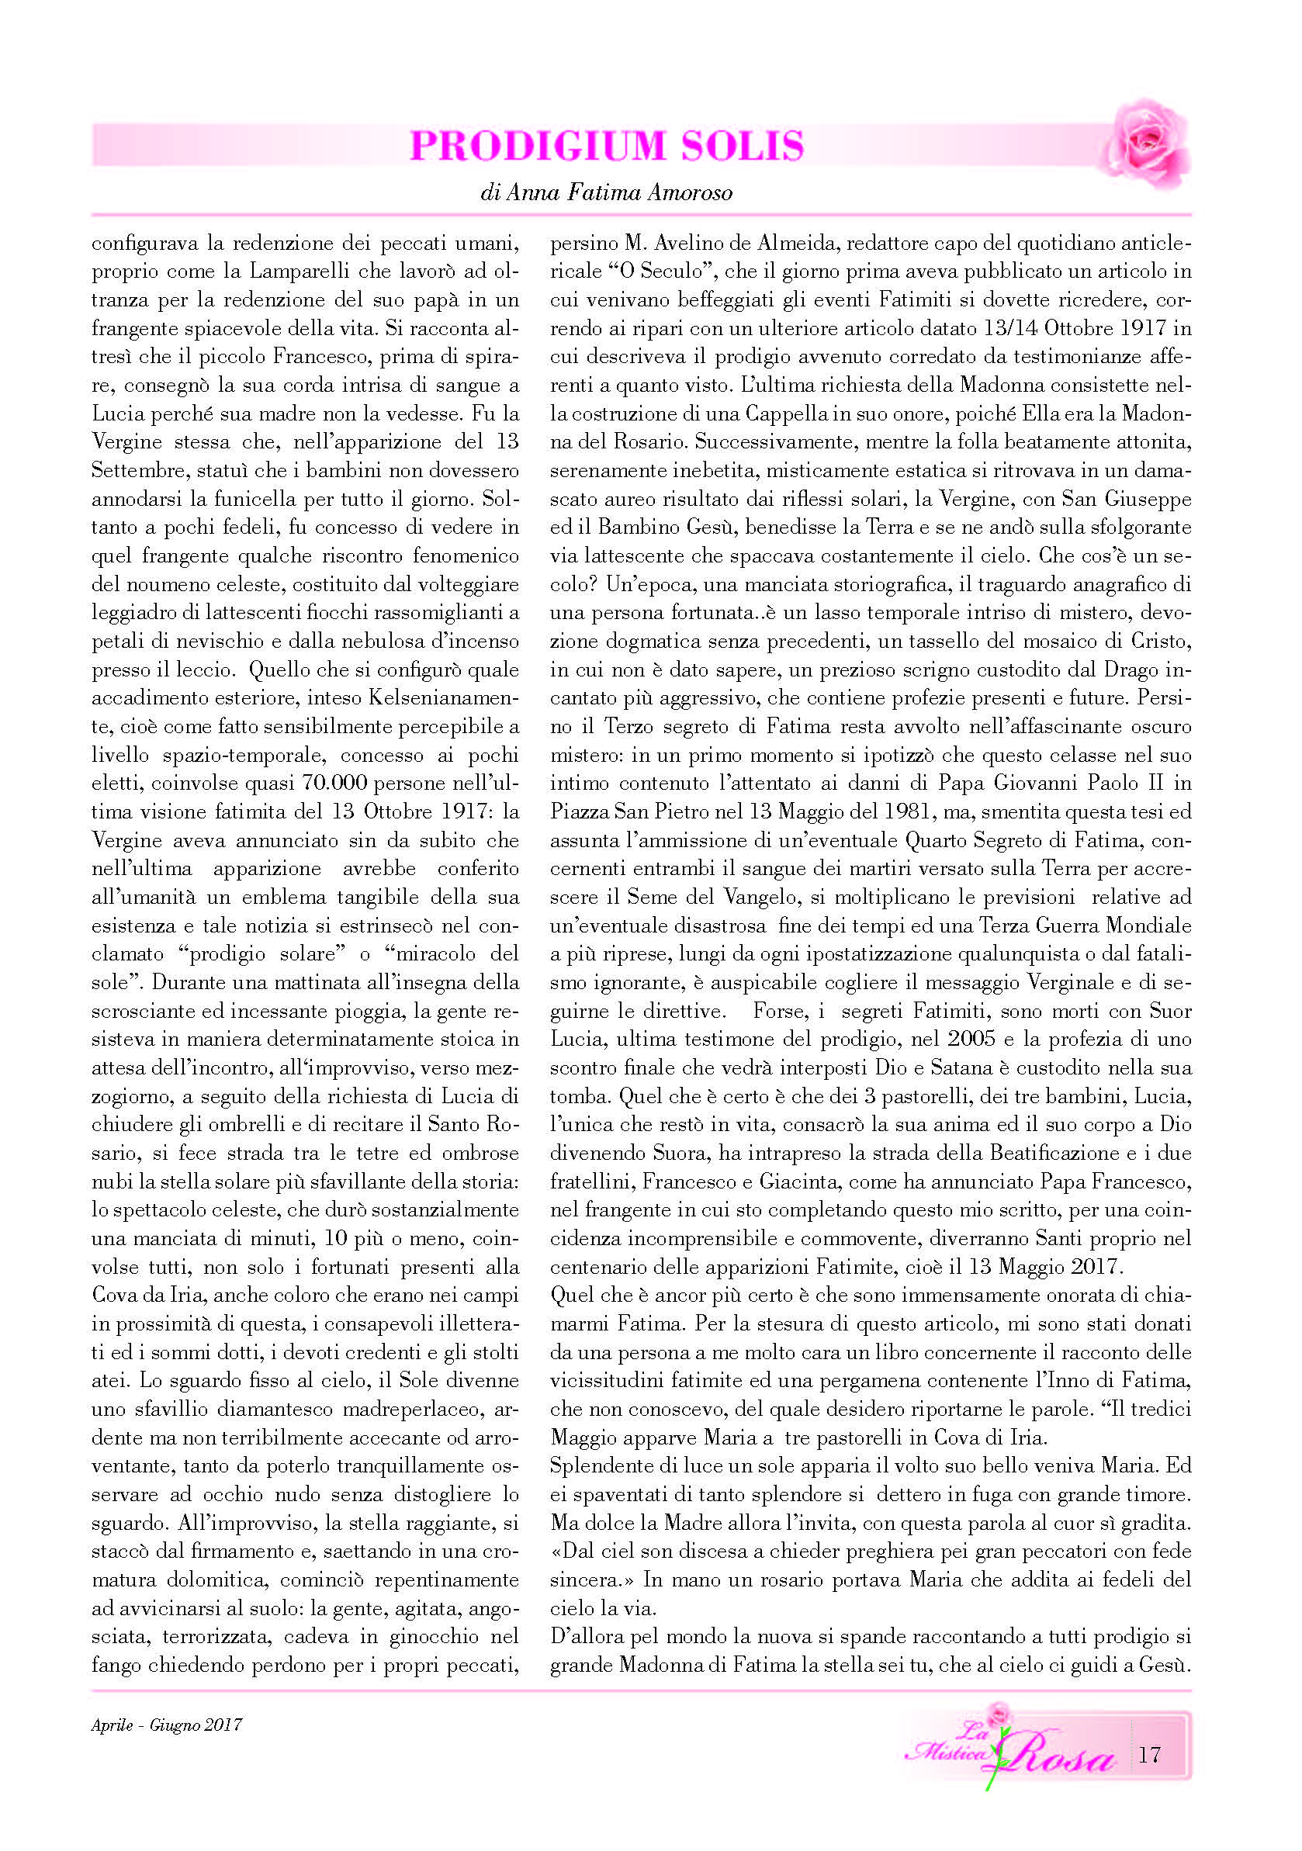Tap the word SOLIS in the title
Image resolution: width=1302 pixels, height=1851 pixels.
coord(743,146)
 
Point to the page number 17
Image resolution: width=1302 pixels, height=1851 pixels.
coord(1149,1754)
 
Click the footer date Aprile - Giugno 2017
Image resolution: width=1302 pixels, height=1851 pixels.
coord(167,1725)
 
